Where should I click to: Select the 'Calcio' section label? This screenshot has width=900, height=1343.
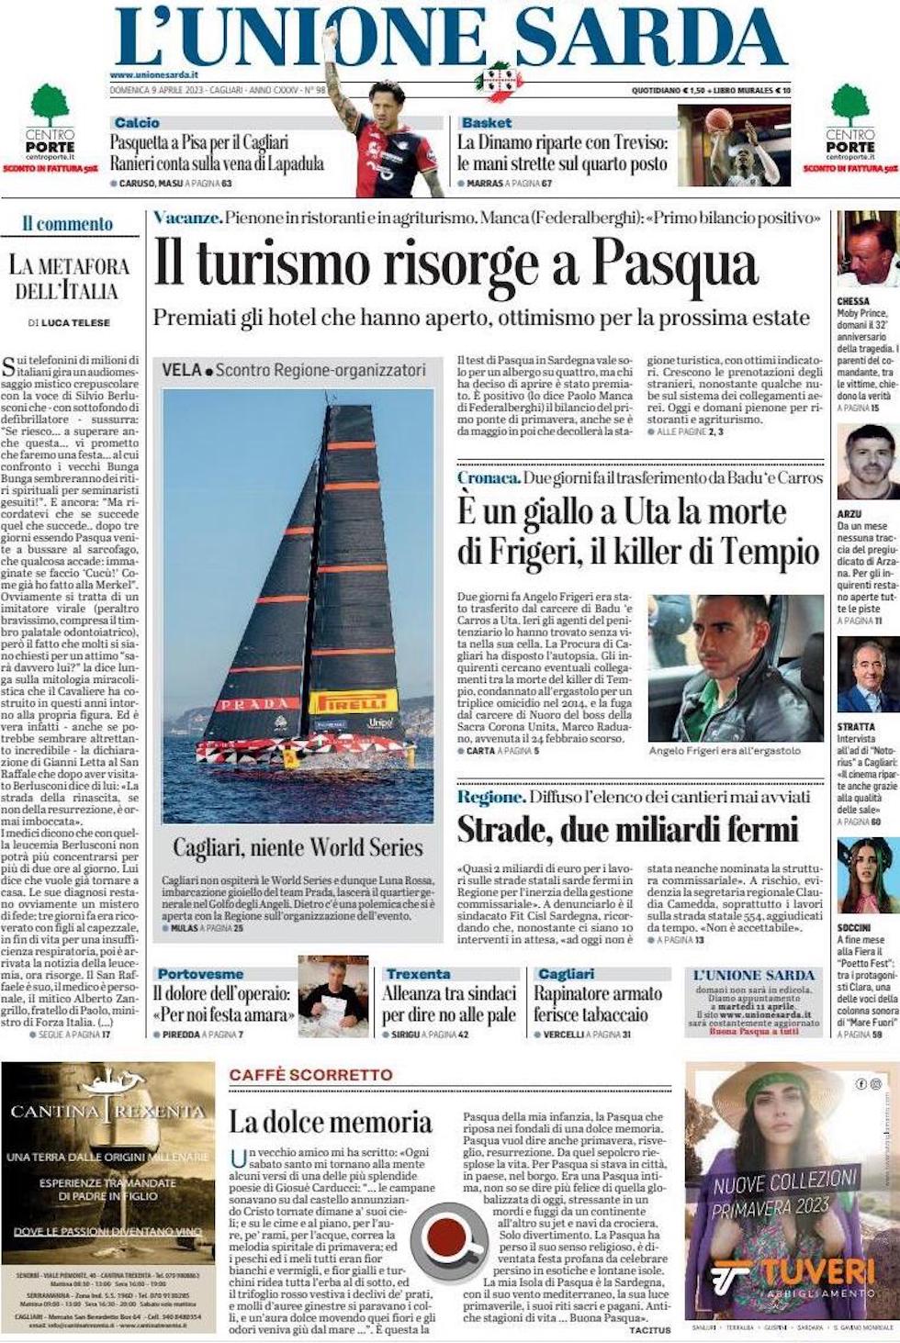coord(137,122)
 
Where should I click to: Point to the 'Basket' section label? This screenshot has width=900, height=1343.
coord(487,122)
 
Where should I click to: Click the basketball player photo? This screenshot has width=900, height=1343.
coord(734,145)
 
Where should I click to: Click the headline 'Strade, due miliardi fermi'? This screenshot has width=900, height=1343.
coord(627,829)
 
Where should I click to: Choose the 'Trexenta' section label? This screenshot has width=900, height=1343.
coord(418,974)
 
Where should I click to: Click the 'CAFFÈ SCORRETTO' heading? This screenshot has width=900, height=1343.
coord(310,1075)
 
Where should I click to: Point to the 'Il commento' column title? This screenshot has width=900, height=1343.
coord(68,224)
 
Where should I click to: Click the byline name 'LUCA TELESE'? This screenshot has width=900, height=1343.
coord(75,322)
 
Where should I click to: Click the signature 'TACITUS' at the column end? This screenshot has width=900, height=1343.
coord(651,1329)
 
